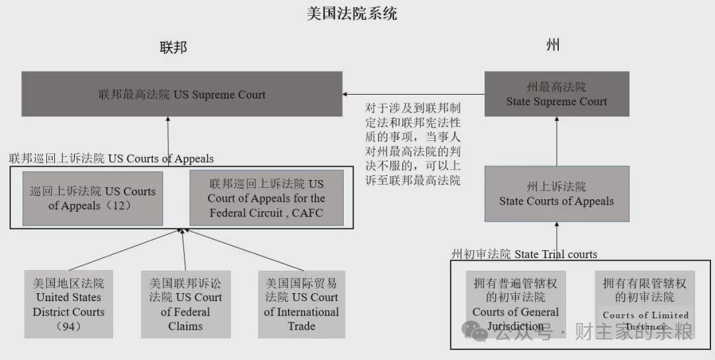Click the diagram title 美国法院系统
(x=352, y=13)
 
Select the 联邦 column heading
(x=173, y=47)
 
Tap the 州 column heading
(x=553, y=45)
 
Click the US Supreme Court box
(x=182, y=94)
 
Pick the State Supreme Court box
(x=557, y=94)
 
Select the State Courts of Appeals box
(x=557, y=194)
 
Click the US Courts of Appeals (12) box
(x=93, y=199)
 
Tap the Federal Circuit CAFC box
(x=266, y=199)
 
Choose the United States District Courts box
(x=68, y=304)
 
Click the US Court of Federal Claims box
(x=185, y=304)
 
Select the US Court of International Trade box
(x=301, y=304)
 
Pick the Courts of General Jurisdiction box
(x=516, y=304)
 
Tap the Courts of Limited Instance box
(x=645, y=304)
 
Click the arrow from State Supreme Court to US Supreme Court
(x=413, y=95)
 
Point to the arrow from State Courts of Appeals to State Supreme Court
(x=557, y=141)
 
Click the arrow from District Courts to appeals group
(x=125, y=249)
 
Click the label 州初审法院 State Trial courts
(x=524, y=254)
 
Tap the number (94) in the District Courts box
(x=68, y=326)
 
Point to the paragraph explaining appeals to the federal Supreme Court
(x=412, y=144)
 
